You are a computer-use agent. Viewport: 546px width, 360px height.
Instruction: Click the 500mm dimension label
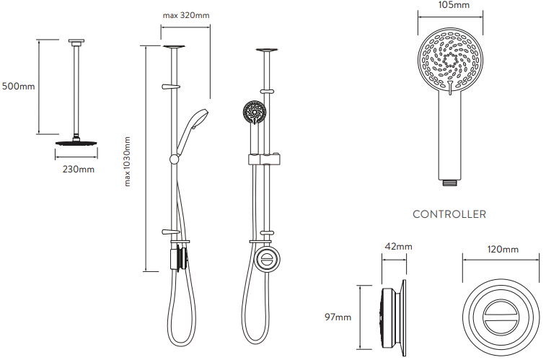click(x=19, y=86)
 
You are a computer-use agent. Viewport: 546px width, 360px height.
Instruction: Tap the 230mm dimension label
click(x=79, y=170)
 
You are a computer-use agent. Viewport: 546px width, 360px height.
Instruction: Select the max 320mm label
click(x=186, y=15)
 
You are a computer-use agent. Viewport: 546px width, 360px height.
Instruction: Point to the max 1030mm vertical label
click(x=127, y=162)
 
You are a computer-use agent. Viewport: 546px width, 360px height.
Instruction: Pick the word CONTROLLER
click(x=449, y=214)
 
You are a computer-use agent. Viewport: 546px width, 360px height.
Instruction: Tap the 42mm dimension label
click(x=398, y=247)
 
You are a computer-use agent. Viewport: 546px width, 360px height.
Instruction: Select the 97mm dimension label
click(x=338, y=317)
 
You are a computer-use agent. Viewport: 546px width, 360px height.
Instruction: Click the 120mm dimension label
click(x=503, y=250)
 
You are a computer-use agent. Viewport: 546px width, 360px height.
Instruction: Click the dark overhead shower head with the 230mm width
click(x=76, y=142)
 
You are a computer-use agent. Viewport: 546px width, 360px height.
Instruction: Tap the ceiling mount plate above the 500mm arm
click(x=76, y=42)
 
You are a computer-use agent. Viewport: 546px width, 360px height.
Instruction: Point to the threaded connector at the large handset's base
click(x=450, y=182)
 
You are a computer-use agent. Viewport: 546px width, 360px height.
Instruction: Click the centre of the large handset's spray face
click(x=450, y=61)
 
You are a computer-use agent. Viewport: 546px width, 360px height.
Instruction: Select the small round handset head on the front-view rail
click(x=255, y=112)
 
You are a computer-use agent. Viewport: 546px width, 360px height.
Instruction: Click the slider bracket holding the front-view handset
click(x=265, y=159)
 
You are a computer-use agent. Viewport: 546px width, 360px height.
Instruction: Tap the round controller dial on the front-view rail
click(x=268, y=260)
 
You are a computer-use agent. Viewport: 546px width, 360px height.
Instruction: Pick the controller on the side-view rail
click(x=180, y=259)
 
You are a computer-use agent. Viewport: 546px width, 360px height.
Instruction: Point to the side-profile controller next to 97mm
click(x=394, y=317)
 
